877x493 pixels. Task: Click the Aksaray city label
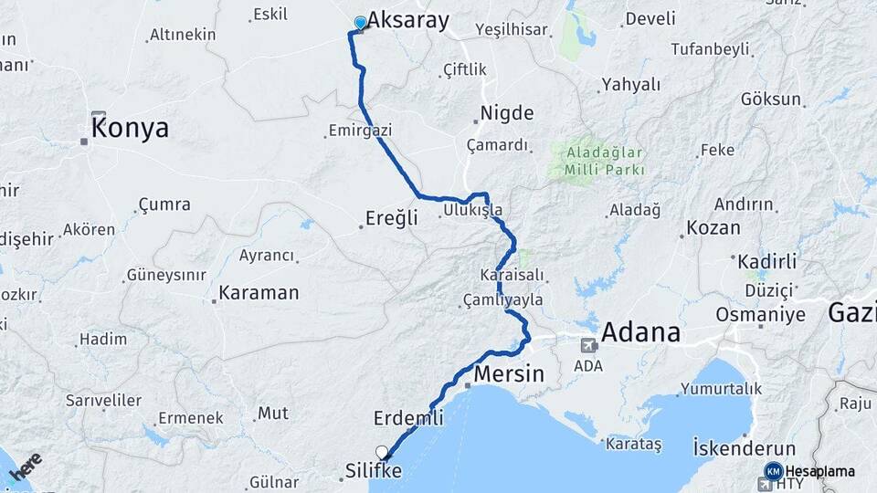pos(408,21)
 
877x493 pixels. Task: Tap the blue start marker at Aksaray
pos(360,23)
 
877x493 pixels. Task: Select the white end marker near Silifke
pos(382,452)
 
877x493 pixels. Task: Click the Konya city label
pos(131,128)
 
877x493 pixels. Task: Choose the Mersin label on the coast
pos(509,374)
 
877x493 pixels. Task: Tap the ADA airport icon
pos(589,345)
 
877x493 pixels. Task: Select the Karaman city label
pos(259,293)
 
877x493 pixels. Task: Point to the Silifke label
pos(374,471)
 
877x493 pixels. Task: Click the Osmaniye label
pos(760,315)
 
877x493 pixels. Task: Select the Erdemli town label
pos(408,418)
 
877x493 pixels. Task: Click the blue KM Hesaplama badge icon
pos(773,471)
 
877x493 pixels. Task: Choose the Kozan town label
pos(713,228)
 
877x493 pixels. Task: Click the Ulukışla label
pos(472,211)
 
